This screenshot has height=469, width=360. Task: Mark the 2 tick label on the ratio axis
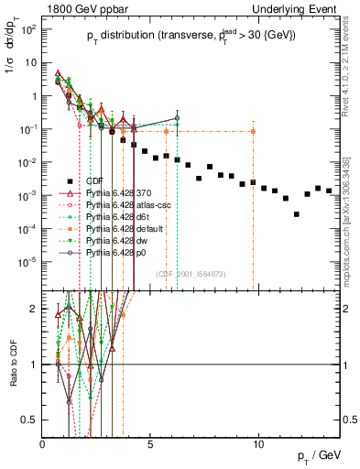[x=34, y=309]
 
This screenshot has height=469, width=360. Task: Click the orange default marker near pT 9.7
[x=253, y=132]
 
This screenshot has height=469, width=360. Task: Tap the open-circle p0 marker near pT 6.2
[x=177, y=118]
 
